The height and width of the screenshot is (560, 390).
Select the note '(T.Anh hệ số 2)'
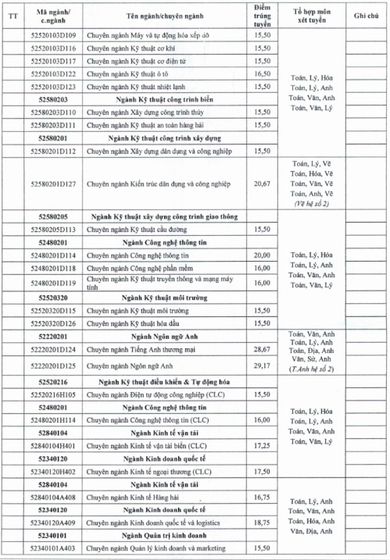click(x=311, y=369)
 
